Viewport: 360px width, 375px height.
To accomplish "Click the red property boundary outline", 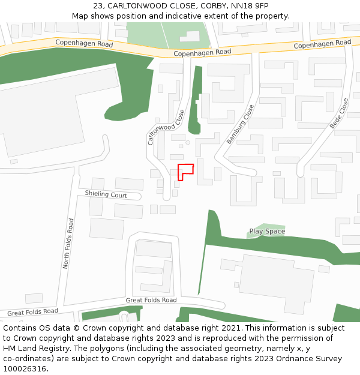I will [x=185, y=170].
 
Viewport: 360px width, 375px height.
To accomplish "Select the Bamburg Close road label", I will [x=240, y=124].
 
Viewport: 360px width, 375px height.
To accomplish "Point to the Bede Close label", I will [x=339, y=114].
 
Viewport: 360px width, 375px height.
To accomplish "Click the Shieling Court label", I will [x=106, y=195].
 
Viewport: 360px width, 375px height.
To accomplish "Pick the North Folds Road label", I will [x=68, y=243].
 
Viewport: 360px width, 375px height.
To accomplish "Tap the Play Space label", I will [x=267, y=231].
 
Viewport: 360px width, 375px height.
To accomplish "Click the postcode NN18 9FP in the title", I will [x=250, y=6].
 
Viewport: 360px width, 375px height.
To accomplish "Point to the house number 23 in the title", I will [x=98, y=6].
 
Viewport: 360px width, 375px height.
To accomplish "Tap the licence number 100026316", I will [x=25, y=369].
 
